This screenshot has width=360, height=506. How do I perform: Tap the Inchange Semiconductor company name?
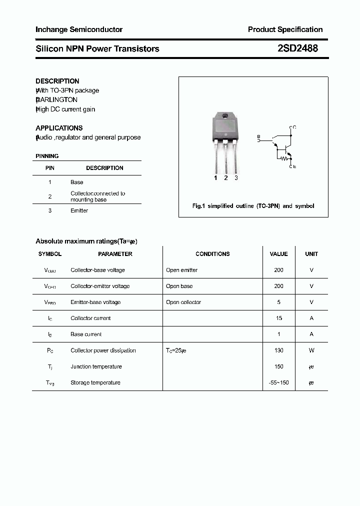(79, 29)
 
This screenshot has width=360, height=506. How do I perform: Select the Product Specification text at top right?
(285, 29)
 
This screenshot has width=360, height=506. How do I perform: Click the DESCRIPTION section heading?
(57, 81)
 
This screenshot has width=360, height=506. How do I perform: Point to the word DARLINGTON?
(57, 100)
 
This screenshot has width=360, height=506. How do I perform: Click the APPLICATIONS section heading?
(59, 128)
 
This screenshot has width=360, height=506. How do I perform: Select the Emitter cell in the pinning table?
(79, 210)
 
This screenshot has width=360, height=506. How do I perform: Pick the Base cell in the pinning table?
(76, 182)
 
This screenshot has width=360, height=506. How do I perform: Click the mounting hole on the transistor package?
(225, 117)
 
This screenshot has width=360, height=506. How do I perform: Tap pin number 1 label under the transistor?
(215, 178)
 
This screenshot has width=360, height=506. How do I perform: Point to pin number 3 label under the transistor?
(236, 178)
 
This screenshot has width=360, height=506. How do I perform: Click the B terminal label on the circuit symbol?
(258, 136)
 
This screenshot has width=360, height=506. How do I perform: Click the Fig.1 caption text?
(253, 206)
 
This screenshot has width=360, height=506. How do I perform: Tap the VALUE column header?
(278, 254)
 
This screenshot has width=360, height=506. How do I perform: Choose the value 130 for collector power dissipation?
(278, 350)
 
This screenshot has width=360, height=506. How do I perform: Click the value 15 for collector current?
(278, 318)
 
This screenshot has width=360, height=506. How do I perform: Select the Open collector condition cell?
(183, 302)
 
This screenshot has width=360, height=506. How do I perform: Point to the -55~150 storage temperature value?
(278, 383)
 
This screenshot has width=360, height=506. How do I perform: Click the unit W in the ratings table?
(311, 350)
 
